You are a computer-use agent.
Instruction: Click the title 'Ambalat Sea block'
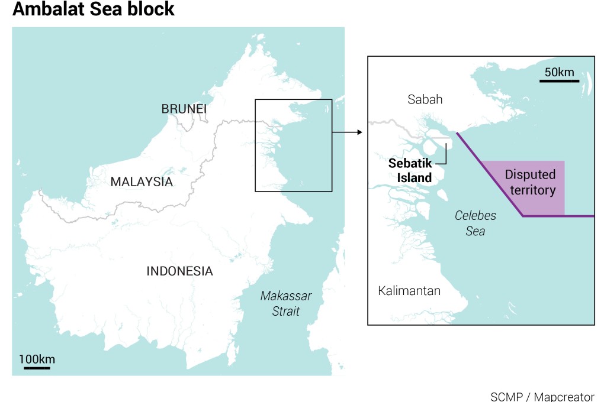[x=94, y=10]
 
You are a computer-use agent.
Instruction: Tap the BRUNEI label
[x=184, y=109]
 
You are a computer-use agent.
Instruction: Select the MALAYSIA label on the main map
[x=142, y=182]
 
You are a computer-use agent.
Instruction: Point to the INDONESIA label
[x=179, y=271]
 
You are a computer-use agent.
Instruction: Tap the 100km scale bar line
[x=37, y=368]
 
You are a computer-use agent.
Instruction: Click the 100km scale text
[x=37, y=359]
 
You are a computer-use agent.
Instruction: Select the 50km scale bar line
[x=559, y=80]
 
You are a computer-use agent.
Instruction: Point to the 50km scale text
[x=559, y=72]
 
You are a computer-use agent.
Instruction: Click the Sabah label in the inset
[x=425, y=99]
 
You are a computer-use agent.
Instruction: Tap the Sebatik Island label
[x=410, y=170]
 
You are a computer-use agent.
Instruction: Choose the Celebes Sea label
[x=476, y=223]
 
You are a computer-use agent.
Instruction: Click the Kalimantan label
[x=409, y=291]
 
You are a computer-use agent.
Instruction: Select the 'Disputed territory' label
[x=530, y=182]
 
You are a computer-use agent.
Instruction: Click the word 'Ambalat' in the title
[x=43, y=10]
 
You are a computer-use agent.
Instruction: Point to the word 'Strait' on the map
[x=286, y=311]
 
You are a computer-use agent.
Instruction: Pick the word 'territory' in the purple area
[x=530, y=190]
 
